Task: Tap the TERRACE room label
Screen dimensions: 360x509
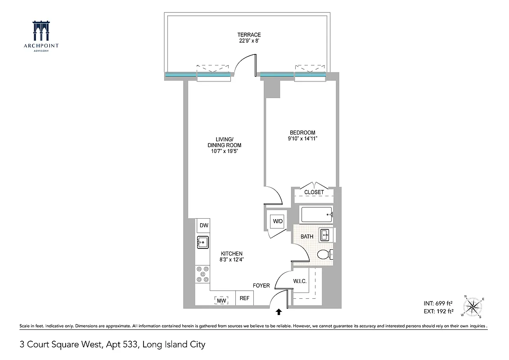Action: (249, 35)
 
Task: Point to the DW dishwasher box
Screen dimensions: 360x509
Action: (203, 225)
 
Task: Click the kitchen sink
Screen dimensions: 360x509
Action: (203, 242)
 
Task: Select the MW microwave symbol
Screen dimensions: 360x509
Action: (221, 300)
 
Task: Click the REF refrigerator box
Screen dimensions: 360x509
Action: (244, 298)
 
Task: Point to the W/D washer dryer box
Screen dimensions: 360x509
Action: (276, 221)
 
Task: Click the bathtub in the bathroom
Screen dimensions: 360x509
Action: (317, 215)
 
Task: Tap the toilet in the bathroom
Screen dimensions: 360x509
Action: (324, 255)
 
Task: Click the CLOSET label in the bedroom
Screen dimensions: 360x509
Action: (314, 192)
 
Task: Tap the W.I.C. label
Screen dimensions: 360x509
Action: (300, 281)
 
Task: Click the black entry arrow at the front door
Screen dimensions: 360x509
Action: (279, 311)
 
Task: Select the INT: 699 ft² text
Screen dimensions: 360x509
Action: (438, 302)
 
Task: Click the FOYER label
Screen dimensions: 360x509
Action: (261, 286)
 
